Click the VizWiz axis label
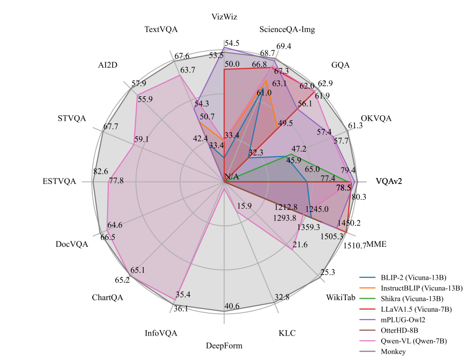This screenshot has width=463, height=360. coord(224,17)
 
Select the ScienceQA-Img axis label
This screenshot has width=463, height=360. coord(287,29)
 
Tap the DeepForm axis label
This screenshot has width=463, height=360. coord(224,346)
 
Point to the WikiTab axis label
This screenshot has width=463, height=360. coord(341,298)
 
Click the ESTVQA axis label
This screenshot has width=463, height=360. coord(59,181)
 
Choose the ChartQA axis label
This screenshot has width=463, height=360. coord(107,298)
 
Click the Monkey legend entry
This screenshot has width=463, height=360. coord(393,352)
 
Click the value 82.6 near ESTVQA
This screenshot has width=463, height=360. coord(101,171)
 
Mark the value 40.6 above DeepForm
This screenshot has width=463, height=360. coord(232,306)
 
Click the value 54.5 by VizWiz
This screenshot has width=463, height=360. coord(232,43)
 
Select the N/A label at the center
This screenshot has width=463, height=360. coord(232,177)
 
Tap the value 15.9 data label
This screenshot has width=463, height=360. coord(244,206)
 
